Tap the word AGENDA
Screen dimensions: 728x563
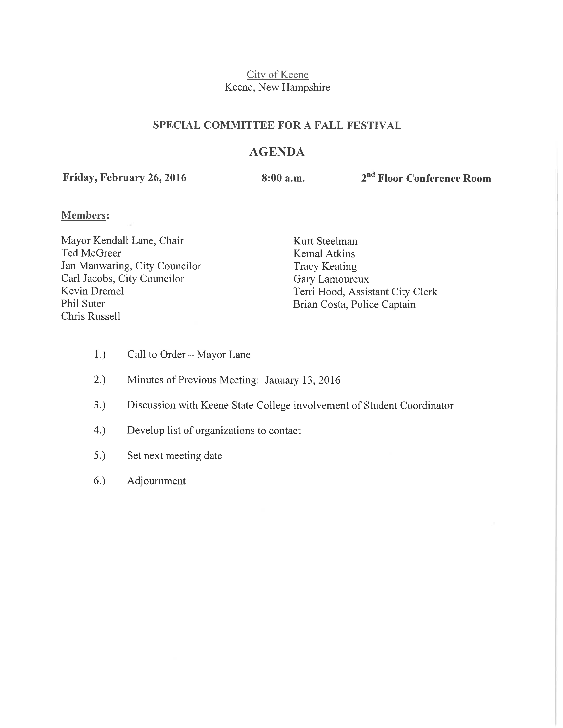click(277, 152)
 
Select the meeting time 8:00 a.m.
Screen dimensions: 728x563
click(283, 178)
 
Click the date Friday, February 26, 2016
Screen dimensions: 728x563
click(124, 178)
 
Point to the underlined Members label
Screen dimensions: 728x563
click(84, 215)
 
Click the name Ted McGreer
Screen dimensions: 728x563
click(91, 253)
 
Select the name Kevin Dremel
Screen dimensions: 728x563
click(92, 291)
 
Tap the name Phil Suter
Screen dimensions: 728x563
click(83, 304)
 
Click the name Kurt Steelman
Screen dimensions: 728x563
click(325, 241)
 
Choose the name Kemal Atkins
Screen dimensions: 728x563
click(324, 254)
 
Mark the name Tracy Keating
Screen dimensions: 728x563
click(325, 266)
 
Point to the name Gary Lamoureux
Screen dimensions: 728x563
click(331, 279)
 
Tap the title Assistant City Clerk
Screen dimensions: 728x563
click(393, 292)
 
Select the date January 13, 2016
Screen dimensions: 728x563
click(302, 380)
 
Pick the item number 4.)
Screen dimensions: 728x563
click(99, 430)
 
